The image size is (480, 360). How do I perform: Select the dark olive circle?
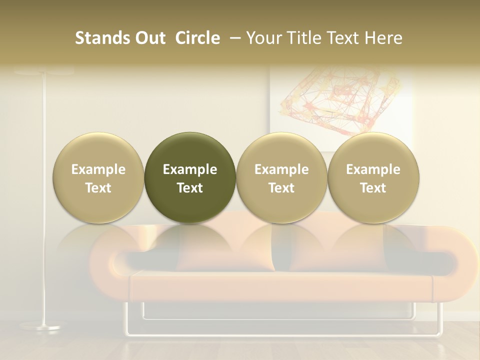point(190,177)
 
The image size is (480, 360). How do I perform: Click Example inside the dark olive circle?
point(190,169)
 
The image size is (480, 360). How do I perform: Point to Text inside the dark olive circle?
point(190,188)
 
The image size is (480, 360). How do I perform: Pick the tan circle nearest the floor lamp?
point(98,177)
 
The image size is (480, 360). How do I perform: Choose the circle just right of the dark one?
point(281,177)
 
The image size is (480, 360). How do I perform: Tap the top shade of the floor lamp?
point(44,72)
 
